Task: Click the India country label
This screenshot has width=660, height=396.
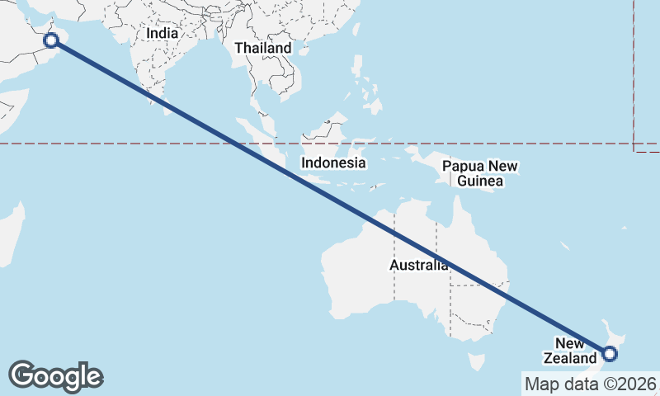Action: point(163,34)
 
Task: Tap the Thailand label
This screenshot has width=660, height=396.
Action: point(262,48)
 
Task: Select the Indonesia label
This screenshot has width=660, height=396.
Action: point(332,163)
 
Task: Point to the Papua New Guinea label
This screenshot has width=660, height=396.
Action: point(479,173)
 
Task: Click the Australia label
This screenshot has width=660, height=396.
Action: point(419,266)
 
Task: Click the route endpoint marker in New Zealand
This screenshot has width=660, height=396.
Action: point(609,355)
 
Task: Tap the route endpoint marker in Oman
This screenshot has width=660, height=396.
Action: point(51,40)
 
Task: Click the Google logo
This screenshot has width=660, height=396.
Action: point(55,376)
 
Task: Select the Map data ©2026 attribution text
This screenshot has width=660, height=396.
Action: point(591,384)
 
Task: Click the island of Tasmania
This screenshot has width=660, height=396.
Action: point(475,362)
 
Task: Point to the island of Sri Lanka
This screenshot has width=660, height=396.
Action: point(169,106)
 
